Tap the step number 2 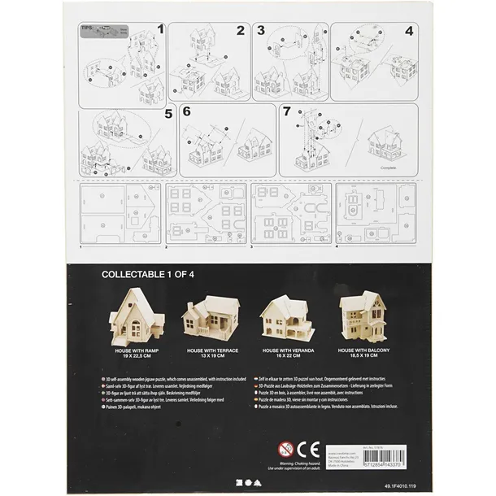pos(241,31)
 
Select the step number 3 pos(261,31)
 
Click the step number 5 pos(169,114)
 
